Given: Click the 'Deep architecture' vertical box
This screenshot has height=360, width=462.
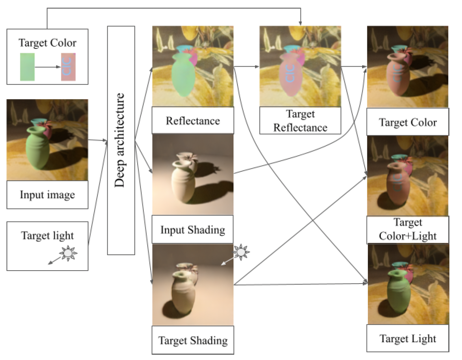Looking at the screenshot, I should click(x=121, y=140).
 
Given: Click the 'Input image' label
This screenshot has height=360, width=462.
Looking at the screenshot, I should click(x=47, y=195).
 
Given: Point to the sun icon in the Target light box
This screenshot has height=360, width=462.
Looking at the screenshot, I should click(x=68, y=254).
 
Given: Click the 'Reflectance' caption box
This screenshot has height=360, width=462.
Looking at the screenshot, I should click(x=192, y=121).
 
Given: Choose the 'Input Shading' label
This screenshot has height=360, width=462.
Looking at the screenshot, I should click(x=192, y=230).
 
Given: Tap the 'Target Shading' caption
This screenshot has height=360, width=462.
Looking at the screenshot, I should click(x=192, y=340).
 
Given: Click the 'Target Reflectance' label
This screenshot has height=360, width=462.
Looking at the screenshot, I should click(x=300, y=121).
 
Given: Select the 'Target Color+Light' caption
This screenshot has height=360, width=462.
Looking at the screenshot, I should click(x=408, y=229).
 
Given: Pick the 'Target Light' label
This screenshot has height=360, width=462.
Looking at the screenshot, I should click(x=408, y=338).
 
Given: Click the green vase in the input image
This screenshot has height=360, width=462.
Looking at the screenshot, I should click(x=37, y=148).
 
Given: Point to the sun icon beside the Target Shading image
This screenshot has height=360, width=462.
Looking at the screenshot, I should click(x=242, y=253).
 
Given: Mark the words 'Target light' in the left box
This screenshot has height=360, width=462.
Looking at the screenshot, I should click(x=47, y=235).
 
